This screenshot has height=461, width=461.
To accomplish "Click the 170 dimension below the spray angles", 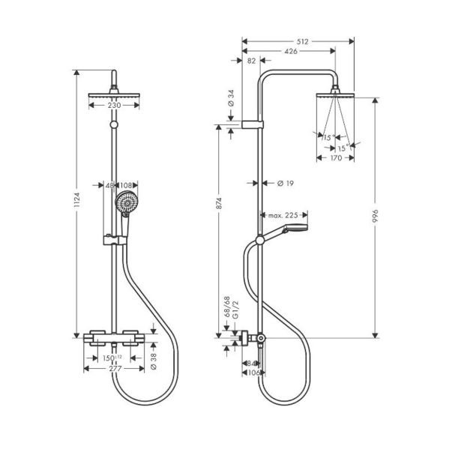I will click(x=335, y=157).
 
